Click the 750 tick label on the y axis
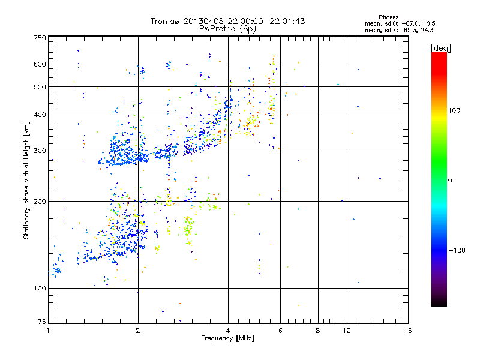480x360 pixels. [x=40, y=37]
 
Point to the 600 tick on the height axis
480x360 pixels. [x=40, y=64]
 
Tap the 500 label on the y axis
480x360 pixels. [x=40, y=87]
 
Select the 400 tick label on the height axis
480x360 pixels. [x=40, y=115]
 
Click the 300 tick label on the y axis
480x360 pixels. [x=40, y=151]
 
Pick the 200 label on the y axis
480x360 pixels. [x=40, y=202]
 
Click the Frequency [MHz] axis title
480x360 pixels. [x=227, y=338]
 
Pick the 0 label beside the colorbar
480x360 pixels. [x=451, y=180]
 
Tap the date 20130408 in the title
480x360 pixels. [x=202, y=21]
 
